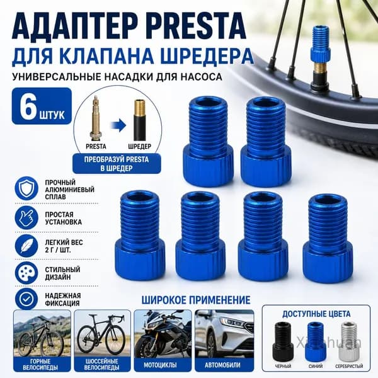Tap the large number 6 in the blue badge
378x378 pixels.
click(x=28, y=106)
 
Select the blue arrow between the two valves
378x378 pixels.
click(x=118, y=126)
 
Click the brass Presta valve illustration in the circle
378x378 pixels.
click(x=96, y=118)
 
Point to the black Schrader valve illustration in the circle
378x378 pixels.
click(x=140, y=120)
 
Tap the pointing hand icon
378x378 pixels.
click(x=26, y=218)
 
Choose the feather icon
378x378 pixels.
click(x=26, y=246)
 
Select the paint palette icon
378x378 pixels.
click(x=26, y=273)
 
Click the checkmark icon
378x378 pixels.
click(x=26, y=299)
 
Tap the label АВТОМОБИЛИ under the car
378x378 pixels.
click(x=222, y=365)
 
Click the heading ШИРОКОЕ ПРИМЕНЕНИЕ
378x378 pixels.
click(x=196, y=300)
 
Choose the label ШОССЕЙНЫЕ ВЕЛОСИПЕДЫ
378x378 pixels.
click(x=102, y=365)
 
